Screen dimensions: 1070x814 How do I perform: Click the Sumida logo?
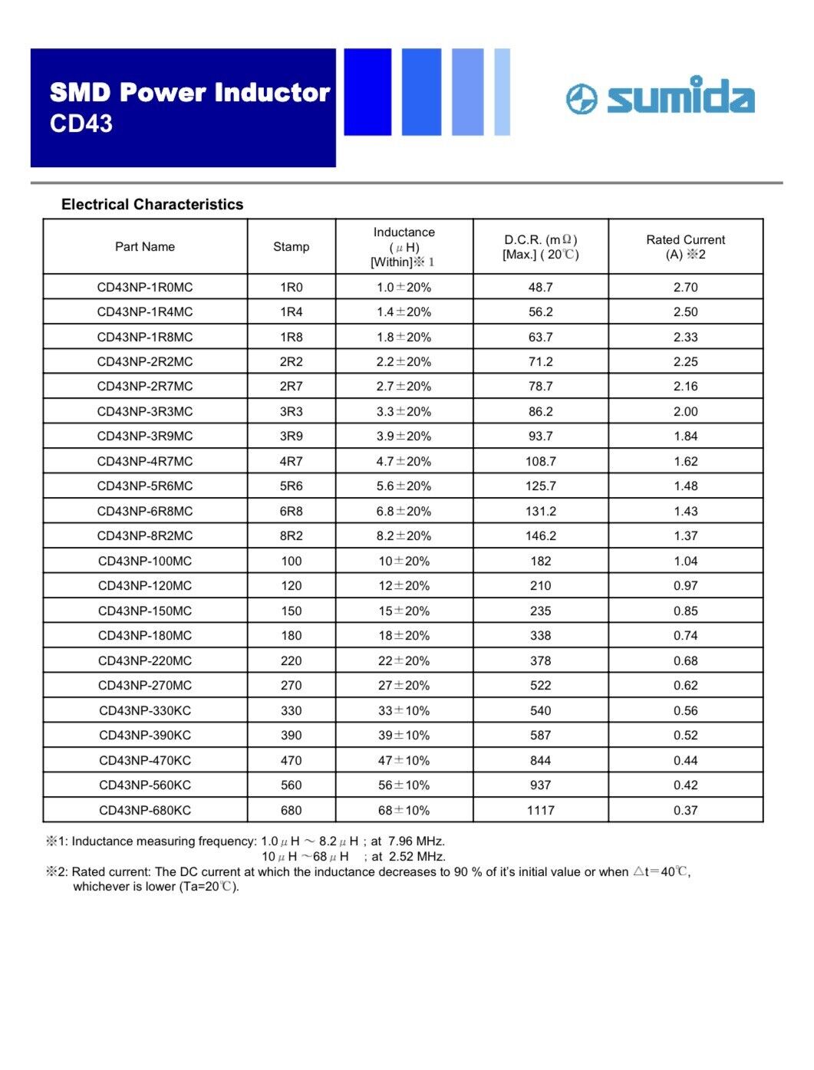pyautogui.click(x=661, y=97)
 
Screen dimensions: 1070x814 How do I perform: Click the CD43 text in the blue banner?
pyautogui.click(x=81, y=123)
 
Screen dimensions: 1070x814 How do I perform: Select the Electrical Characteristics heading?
pyautogui.click(x=152, y=205)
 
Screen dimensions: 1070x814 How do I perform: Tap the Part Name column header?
pyautogui.click(x=145, y=247)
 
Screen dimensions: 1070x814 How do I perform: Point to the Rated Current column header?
pyautogui.click(x=685, y=247)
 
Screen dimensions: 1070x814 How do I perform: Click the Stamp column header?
pyautogui.click(x=292, y=247)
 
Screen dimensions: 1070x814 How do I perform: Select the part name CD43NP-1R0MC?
pyautogui.click(x=145, y=288)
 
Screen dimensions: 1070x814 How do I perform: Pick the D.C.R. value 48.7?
pyautogui.click(x=540, y=288)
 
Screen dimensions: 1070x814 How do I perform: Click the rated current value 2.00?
pyautogui.click(x=685, y=412)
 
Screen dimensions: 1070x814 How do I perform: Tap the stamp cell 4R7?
pyautogui.click(x=292, y=462)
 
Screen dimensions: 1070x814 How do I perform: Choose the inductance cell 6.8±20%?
pyautogui.click(x=404, y=512)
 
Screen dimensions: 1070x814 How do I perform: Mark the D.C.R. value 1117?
pyautogui.click(x=540, y=811)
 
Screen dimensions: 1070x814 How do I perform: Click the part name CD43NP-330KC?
pyautogui.click(x=145, y=711)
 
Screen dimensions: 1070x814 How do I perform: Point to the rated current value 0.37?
pyautogui.click(x=685, y=811)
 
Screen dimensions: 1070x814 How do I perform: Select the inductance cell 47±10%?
pyautogui.click(x=404, y=761)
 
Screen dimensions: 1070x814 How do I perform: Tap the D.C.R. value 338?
pyautogui.click(x=540, y=636)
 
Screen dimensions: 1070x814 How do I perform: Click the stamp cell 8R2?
pyautogui.click(x=292, y=536)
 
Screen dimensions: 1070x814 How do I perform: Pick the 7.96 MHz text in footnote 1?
pyautogui.click(x=417, y=841)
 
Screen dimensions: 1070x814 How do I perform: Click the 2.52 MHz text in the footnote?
pyautogui.click(x=417, y=857)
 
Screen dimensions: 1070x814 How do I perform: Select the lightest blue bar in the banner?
pyautogui.click(x=502, y=92)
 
